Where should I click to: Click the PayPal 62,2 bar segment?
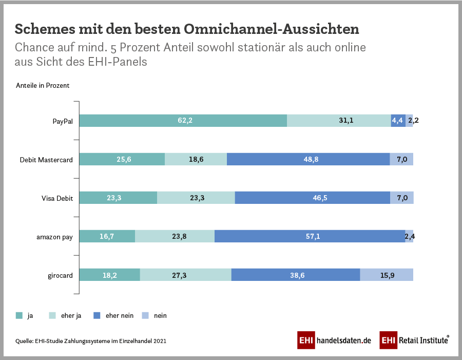(183, 121)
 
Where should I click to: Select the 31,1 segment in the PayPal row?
(339, 121)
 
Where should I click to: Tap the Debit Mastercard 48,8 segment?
(308, 159)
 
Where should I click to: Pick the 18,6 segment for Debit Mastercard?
(196, 159)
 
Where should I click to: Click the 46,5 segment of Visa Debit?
(312, 198)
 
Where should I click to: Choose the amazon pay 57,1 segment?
(310, 236)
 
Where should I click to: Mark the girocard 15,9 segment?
(387, 275)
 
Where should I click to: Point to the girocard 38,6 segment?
(296, 275)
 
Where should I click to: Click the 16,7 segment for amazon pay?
(107, 236)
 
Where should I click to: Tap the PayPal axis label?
(62, 121)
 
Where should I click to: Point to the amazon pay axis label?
(55, 237)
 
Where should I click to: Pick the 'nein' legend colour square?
(145, 315)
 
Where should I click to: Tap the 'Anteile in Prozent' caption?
(43, 86)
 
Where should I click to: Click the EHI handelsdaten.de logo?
(334, 340)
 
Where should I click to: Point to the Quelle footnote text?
(91, 340)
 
